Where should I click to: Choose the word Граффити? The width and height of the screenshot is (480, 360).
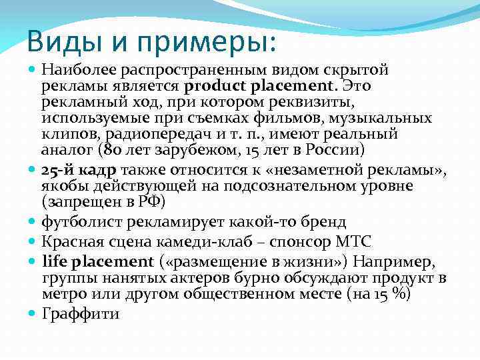[80, 313]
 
